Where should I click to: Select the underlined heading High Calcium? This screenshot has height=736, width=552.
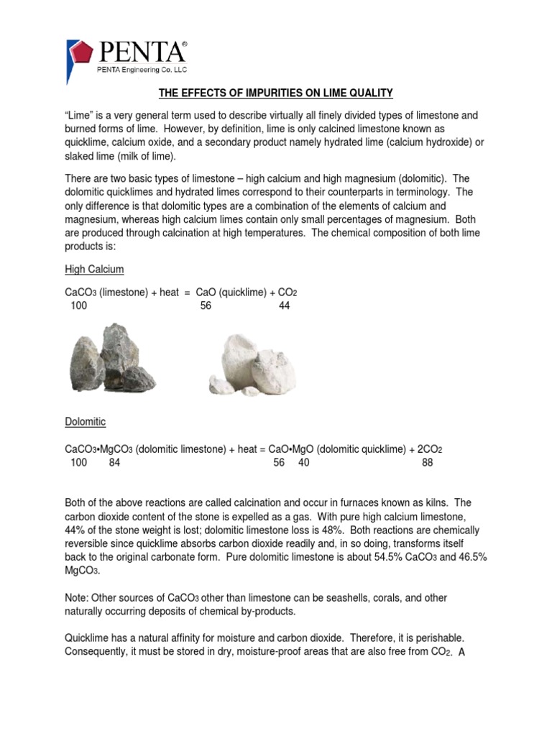(94, 270)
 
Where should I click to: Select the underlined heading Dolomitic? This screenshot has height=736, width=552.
(85, 421)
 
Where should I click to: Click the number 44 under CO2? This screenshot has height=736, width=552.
(284, 305)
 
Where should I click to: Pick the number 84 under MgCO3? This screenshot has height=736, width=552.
(115, 463)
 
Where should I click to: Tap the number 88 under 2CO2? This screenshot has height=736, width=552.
(428, 463)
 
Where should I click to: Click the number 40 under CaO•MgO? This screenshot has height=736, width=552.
(303, 463)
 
